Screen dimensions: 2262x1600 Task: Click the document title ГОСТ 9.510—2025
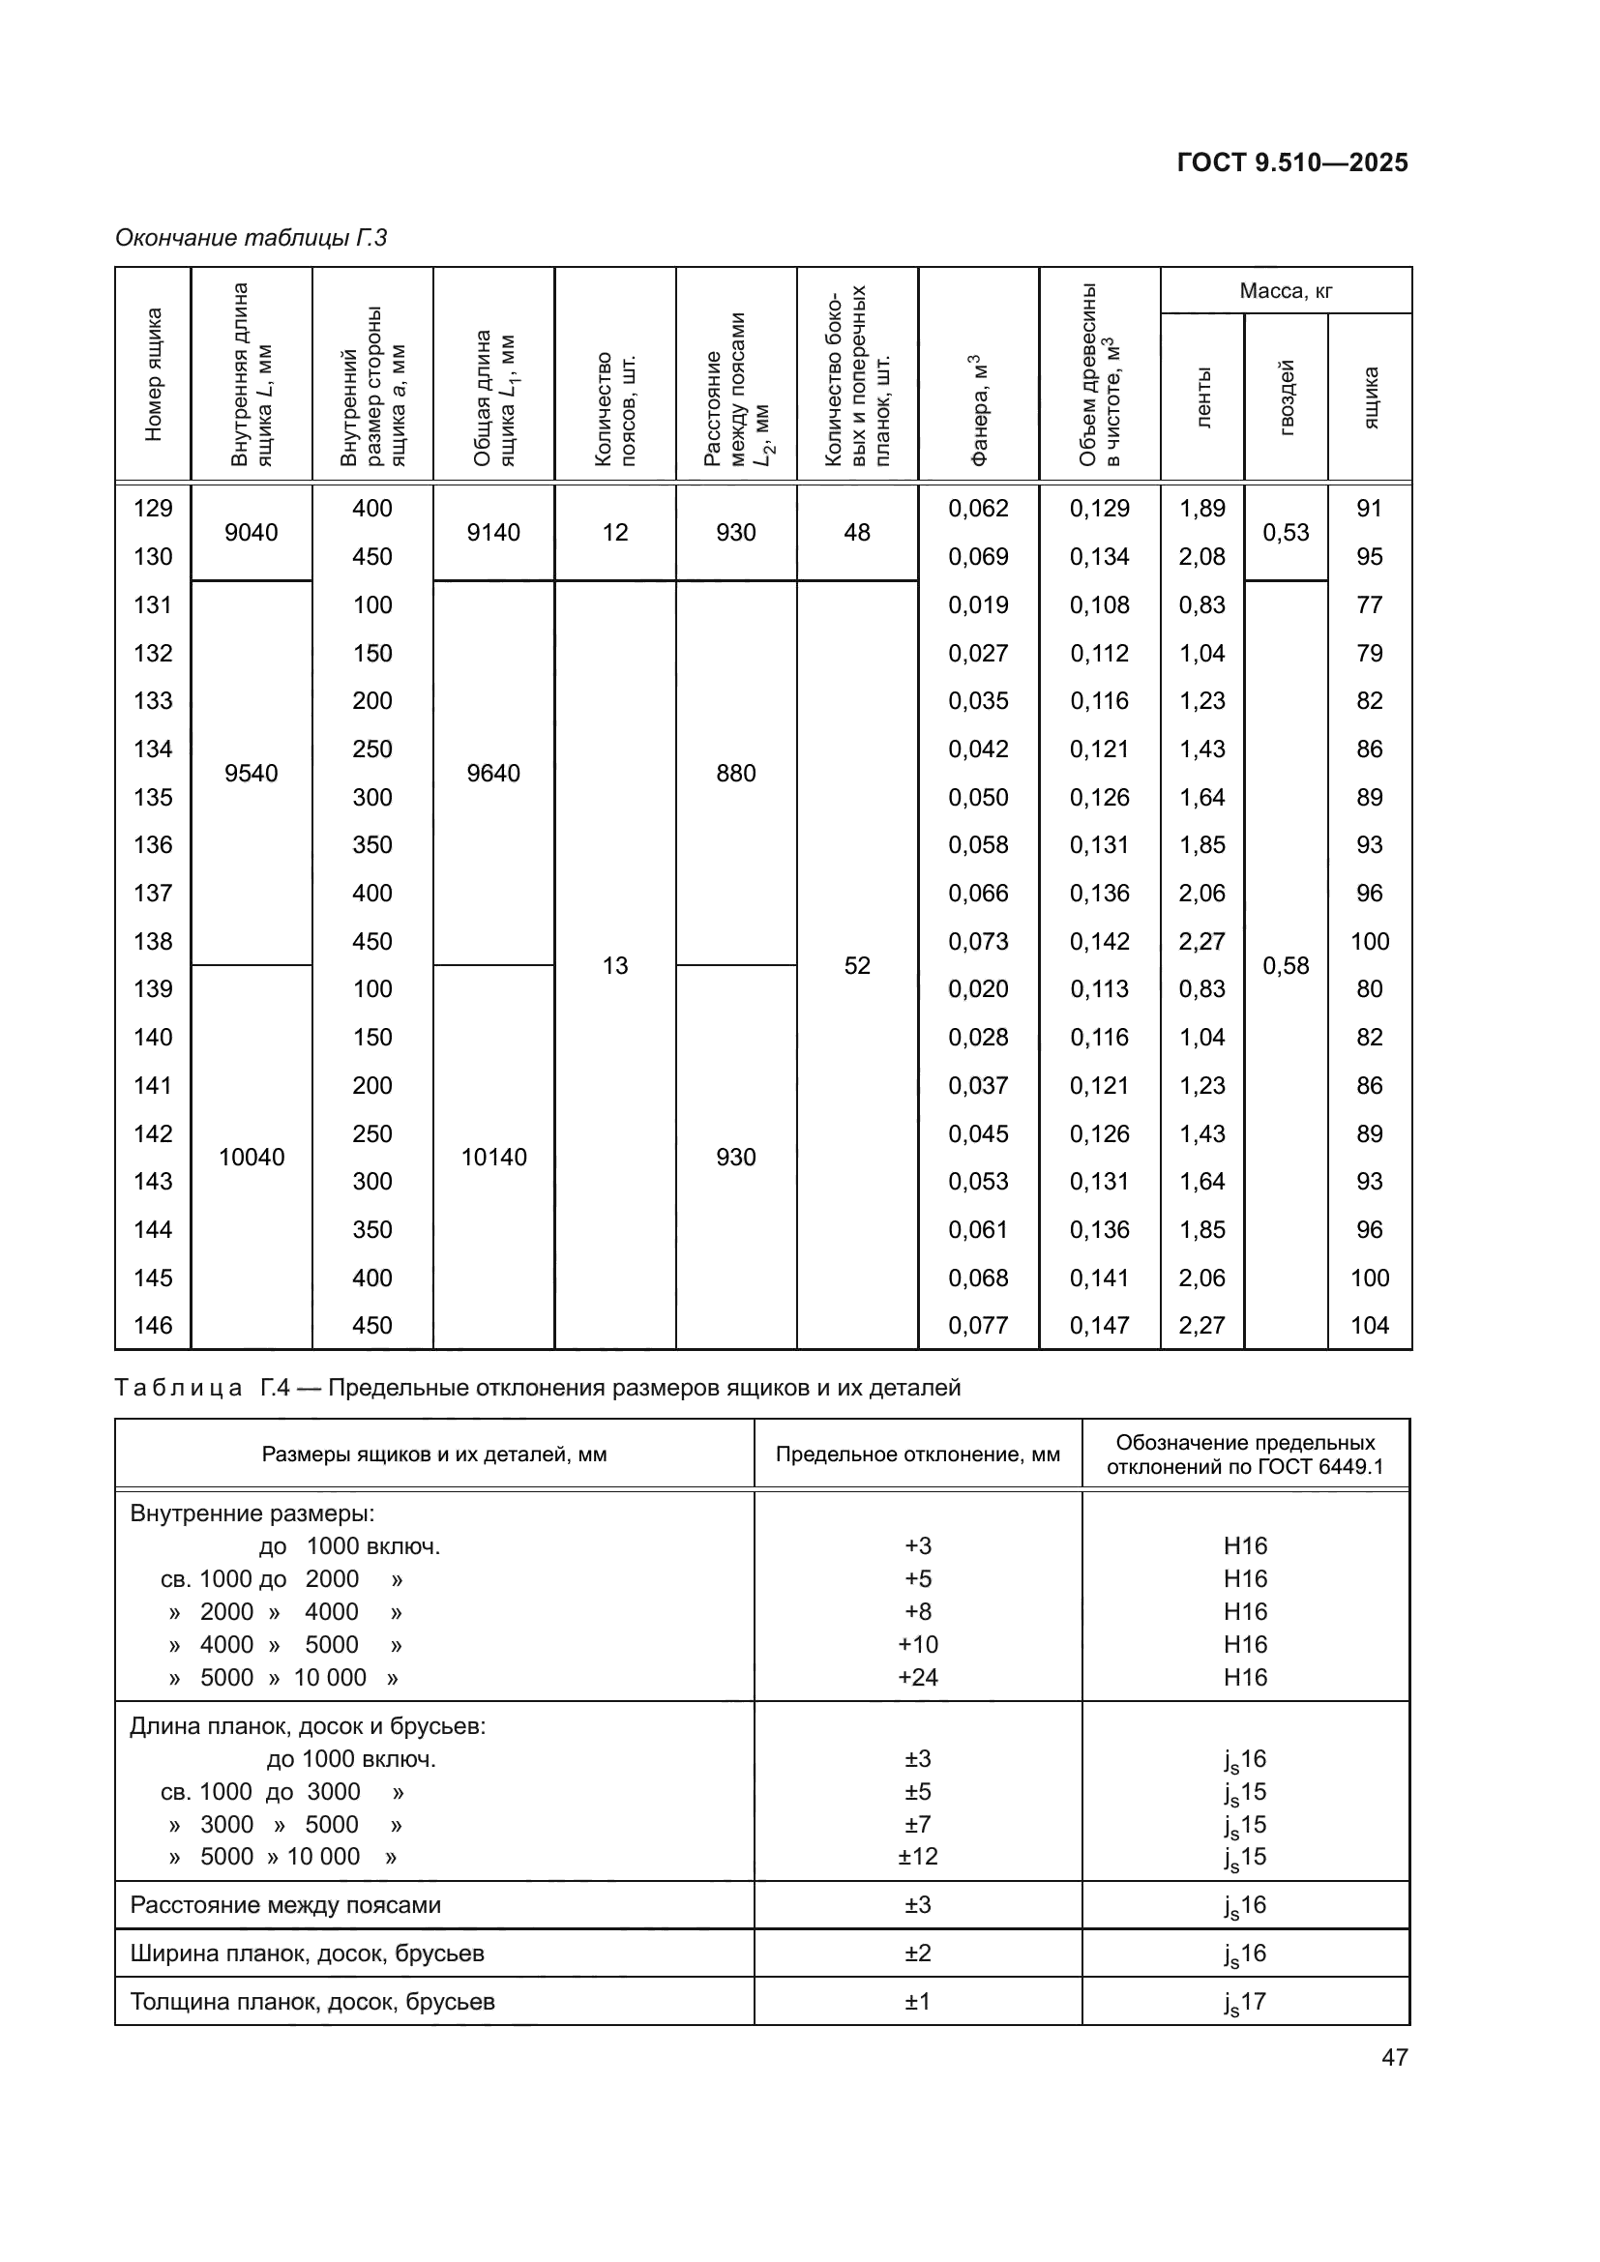pos(1291,162)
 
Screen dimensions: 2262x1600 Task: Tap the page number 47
pos(1394,2057)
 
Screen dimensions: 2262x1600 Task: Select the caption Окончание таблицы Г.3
pos(252,238)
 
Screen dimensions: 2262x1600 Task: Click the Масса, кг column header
pos(1285,291)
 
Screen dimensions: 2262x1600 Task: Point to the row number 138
pos(153,941)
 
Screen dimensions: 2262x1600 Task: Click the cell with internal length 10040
pos(252,1157)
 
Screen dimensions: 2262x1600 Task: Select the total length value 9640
pos(493,774)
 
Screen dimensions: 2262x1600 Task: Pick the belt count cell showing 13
pos(615,965)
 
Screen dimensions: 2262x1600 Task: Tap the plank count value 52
pos(857,965)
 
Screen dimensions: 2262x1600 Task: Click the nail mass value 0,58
pos(1286,965)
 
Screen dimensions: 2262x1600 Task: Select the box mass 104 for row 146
pos(1370,1325)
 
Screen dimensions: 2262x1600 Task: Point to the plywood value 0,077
pos(978,1325)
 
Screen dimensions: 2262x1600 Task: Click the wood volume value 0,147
pos(1100,1325)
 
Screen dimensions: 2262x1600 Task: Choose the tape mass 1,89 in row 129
pos(1202,509)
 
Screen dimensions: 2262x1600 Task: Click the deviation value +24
pos(917,1677)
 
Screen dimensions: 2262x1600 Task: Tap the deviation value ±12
pos(917,1856)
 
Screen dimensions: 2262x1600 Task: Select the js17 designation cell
pos(1245,2002)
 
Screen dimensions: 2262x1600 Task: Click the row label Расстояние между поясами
pos(285,1904)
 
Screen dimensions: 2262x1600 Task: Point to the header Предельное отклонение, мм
pos(917,1454)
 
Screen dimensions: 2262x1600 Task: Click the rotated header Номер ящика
pos(153,374)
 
